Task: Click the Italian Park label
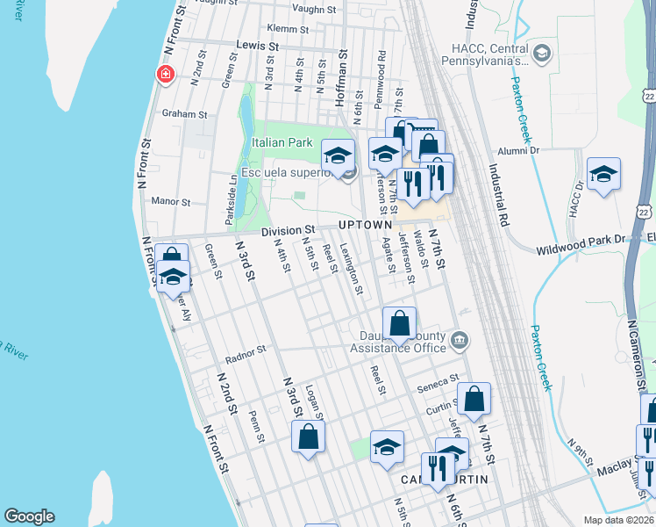point(282,142)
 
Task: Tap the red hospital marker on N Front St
point(164,76)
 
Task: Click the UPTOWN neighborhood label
point(364,226)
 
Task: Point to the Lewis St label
point(257,45)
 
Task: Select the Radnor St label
point(245,353)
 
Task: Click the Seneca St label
point(443,382)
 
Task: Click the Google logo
point(29,516)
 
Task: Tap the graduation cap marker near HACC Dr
point(603,174)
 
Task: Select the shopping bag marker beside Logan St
point(308,437)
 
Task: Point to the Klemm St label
point(284,28)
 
